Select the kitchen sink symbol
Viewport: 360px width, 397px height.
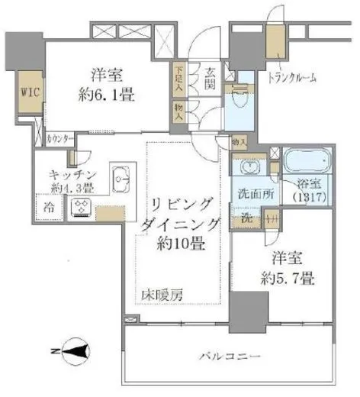click(x=121, y=181)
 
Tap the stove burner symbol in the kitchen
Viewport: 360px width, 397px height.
click(x=80, y=207)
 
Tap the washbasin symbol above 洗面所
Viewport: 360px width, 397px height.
click(x=247, y=168)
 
